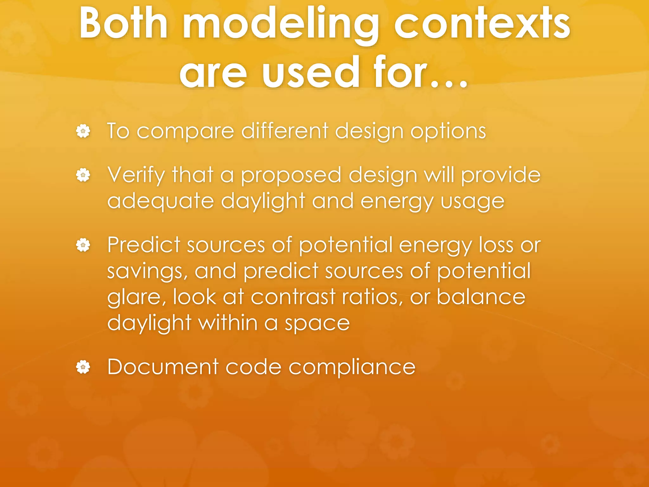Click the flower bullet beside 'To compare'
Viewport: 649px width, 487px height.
point(83,131)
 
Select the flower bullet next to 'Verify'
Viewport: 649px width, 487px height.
point(83,175)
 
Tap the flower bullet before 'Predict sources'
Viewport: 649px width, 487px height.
point(83,245)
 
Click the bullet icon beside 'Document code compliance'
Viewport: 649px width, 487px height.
point(83,367)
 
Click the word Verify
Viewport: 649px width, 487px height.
point(136,175)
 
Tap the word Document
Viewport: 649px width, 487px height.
point(163,367)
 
